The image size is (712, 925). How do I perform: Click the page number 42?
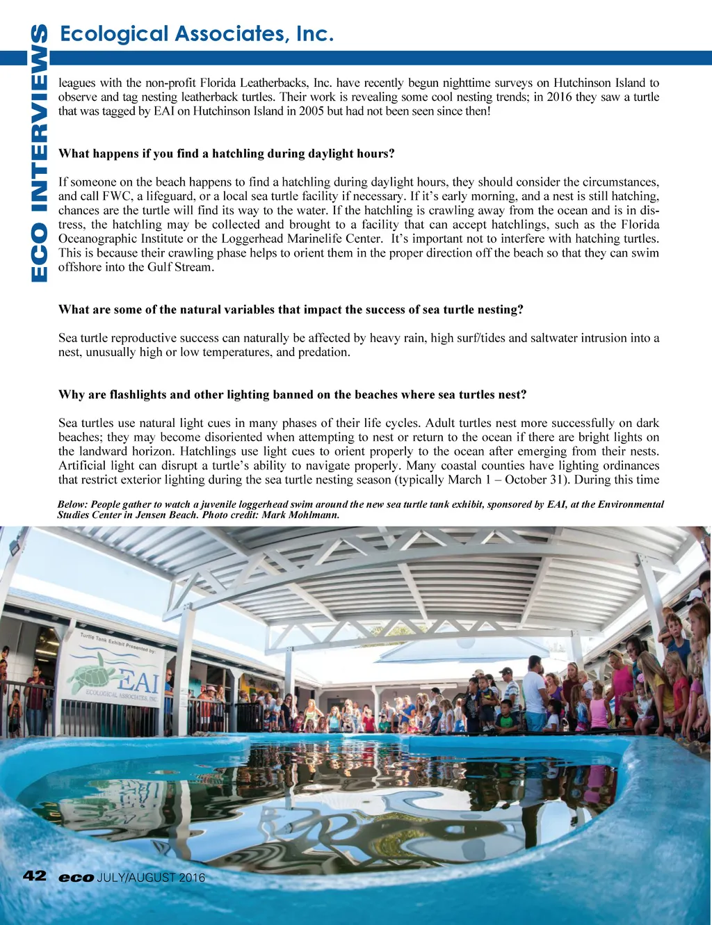point(34,876)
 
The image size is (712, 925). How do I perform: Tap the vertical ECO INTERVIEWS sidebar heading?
point(40,153)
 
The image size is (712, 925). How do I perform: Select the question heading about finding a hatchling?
point(227,154)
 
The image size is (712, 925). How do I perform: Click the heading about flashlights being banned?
point(292,395)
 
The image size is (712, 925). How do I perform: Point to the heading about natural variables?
point(291,309)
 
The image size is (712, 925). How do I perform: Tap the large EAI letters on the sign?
point(138,682)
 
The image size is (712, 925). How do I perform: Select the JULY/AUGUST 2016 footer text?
point(151,878)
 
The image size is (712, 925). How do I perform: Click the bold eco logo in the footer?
point(76,878)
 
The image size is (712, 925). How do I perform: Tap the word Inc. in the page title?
point(315,33)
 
